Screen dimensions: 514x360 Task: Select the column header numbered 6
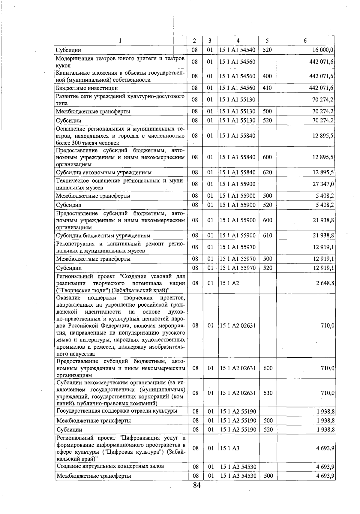point(305,41)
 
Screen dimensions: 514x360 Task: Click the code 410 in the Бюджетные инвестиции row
point(267,88)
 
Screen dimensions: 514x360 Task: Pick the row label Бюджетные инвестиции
point(87,88)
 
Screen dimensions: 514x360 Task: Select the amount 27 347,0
point(323,184)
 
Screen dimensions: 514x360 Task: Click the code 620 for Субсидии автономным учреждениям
point(267,173)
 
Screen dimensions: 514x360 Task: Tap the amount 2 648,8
point(325,283)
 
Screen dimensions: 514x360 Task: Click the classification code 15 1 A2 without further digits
point(229,283)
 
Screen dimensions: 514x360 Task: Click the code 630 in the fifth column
point(268,393)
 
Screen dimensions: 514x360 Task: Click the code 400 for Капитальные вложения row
point(267,76)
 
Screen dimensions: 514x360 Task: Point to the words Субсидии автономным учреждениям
point(104,173)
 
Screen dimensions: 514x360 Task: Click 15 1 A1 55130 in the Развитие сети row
point(237,99)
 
